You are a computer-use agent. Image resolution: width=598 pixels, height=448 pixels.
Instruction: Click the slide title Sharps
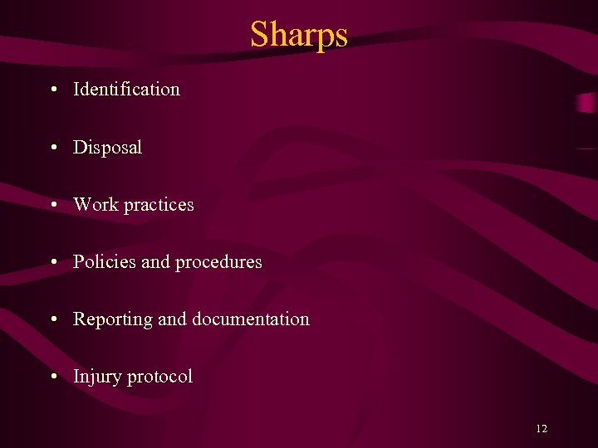point(299,35)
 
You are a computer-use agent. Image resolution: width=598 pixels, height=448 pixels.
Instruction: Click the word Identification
point(126,89)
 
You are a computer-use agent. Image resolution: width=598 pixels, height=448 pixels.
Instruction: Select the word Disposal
point(107,148)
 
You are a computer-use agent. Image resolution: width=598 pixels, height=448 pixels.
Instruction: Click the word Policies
point(105,262)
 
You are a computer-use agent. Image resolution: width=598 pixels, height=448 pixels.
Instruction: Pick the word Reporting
point(112,319)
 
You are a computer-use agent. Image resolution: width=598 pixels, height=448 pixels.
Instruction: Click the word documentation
point(251,319)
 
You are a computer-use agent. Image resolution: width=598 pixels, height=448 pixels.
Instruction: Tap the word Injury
point(97,377)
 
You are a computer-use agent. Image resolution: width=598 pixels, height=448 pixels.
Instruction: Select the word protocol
point(159,377)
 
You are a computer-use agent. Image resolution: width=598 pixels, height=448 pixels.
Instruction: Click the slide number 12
point(542,429)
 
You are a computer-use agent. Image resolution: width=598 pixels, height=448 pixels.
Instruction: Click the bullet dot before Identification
point(53,90)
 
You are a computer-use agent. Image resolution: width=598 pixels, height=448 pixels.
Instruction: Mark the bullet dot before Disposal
point(53,149)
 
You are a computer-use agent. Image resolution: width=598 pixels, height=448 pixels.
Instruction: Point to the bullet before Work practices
point(53,205)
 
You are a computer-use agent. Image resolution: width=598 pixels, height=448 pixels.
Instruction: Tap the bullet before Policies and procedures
point(53,263)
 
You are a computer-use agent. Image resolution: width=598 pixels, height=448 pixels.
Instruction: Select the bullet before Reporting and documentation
point(53,319)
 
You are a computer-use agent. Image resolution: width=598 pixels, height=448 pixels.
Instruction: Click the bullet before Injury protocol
point(53,377)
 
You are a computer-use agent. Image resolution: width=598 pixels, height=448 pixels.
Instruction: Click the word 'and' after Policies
point(155,262)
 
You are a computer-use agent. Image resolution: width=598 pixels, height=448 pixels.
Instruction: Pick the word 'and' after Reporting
point(172,319)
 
